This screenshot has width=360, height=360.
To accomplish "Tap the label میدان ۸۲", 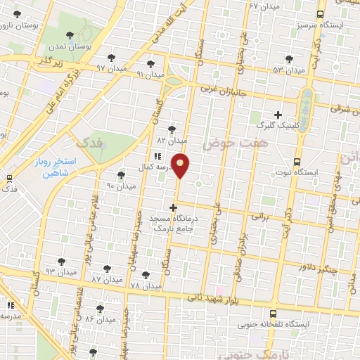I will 173,139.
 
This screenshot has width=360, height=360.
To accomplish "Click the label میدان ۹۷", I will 110,68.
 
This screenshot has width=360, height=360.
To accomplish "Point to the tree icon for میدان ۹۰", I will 121,174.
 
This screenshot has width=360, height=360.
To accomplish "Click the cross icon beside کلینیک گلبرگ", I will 278,115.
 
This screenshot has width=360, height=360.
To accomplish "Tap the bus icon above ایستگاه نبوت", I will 297,161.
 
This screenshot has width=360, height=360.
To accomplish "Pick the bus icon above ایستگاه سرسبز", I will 321,14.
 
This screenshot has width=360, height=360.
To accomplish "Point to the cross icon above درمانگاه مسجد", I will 174,207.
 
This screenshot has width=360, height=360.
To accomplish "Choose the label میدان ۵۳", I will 288,70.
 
